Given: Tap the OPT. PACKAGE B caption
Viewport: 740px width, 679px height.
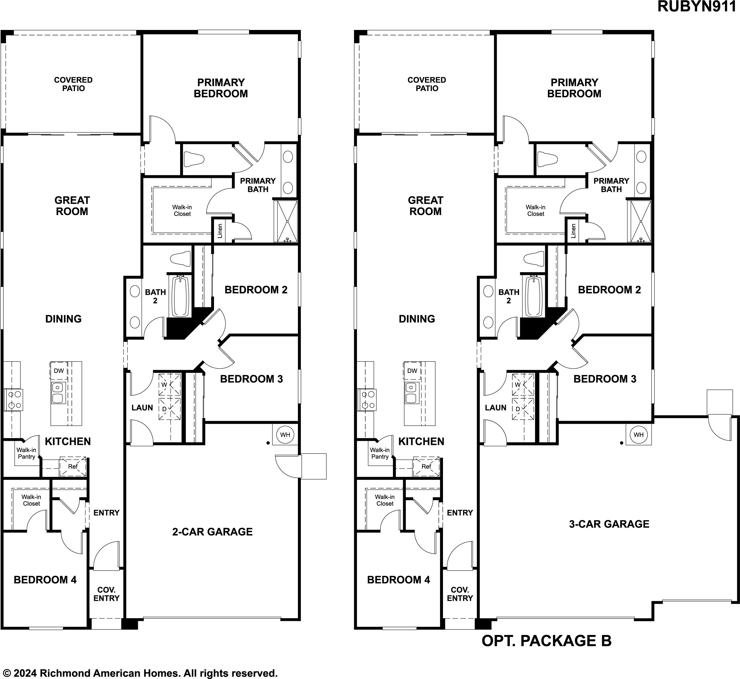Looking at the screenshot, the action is click(547, 641).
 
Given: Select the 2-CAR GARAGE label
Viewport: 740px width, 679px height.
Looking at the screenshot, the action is click(212, 532).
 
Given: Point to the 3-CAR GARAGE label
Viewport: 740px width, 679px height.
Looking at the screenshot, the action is click(609, 524).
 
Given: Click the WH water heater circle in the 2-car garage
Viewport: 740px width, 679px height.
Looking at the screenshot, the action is click(285, 435).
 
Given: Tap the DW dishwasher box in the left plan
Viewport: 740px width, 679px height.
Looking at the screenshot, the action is click(59, 371).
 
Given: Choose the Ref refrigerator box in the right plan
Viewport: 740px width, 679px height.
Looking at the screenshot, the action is click(426, 467).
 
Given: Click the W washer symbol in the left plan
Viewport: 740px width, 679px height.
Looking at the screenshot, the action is click(169, 384).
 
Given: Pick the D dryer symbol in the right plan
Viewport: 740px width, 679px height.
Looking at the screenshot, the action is click(523, 409).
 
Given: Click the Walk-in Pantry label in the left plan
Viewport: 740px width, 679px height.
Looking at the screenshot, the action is click(26, 453).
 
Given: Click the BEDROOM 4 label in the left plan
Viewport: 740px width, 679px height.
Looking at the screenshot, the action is click(45, 580).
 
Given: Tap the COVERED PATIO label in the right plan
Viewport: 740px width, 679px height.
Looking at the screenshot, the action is click(427, 84).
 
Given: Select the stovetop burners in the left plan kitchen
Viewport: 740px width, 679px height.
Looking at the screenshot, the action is click(13, 400).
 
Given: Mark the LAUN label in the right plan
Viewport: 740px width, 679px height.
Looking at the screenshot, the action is click(495, 407).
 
